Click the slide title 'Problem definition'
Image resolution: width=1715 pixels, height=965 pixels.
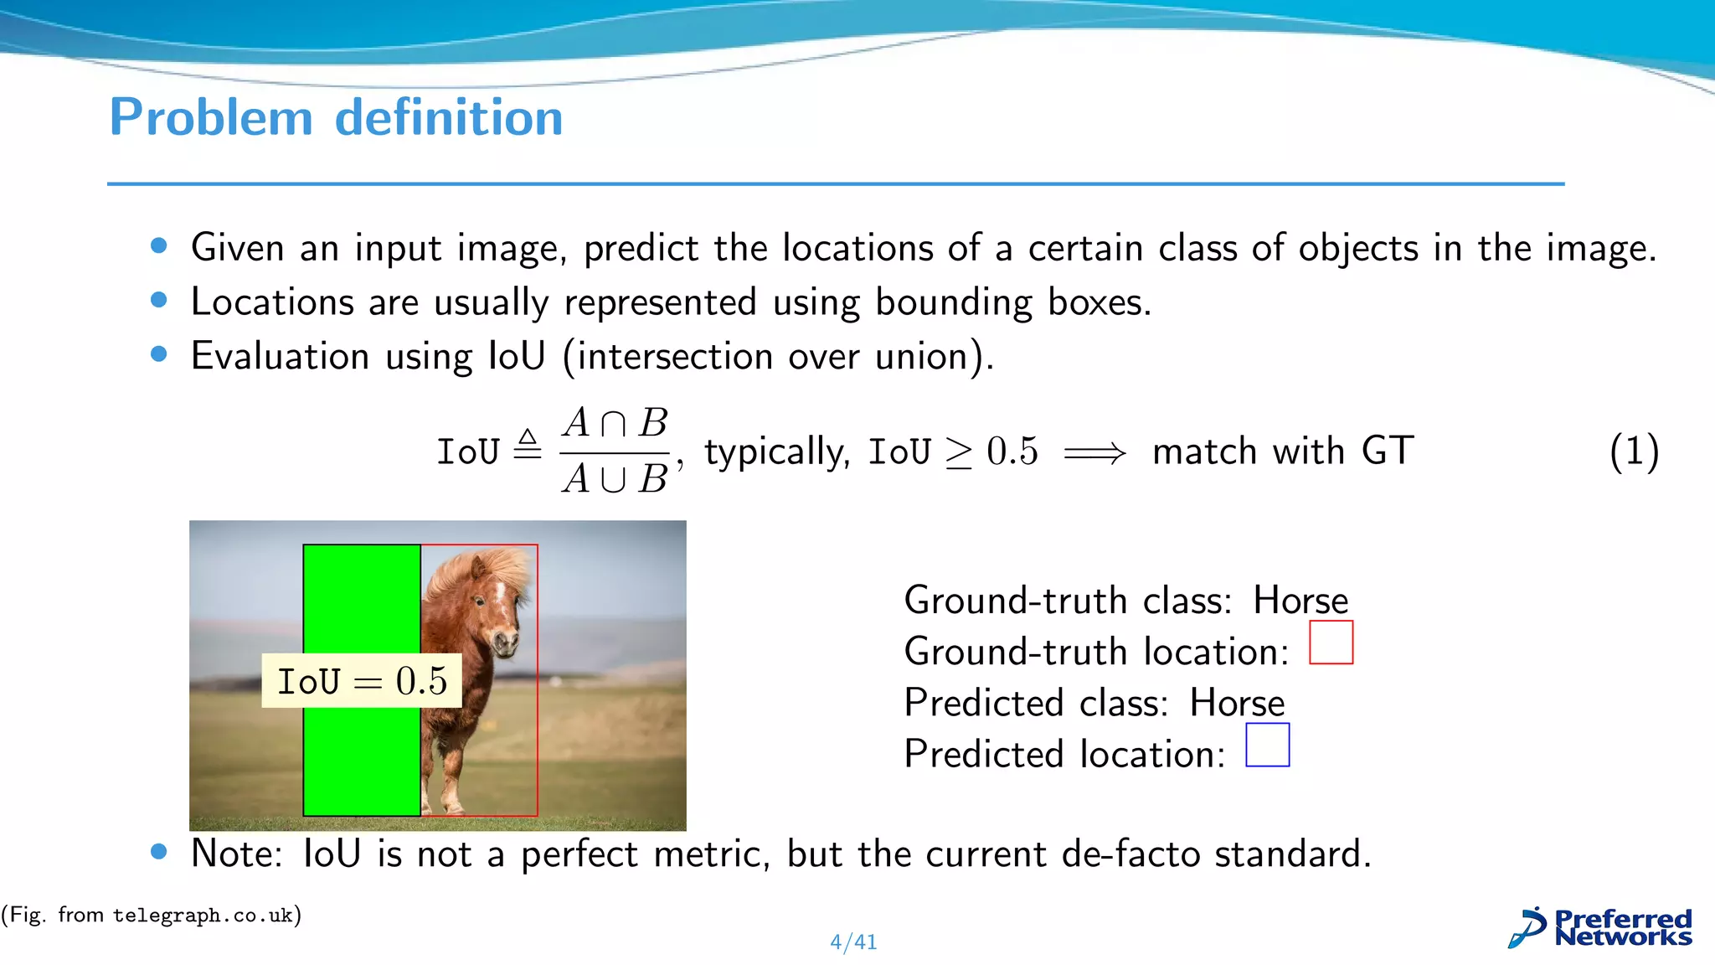point(336,117)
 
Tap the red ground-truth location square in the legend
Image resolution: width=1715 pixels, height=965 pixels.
point(1331,642)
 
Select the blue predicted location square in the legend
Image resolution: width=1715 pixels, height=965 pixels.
point(1267,745)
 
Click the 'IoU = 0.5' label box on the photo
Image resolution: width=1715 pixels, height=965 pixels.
point(362,681)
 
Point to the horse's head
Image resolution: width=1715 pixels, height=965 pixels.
point(494,612)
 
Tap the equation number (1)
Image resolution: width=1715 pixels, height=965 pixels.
point(1633,452)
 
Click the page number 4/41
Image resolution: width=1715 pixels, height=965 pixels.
point(853,942)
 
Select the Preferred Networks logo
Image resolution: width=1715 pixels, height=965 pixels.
point(1600,928)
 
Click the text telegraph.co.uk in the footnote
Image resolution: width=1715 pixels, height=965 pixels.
point(203,916)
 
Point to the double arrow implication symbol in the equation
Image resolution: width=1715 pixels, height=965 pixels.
point(1094,454)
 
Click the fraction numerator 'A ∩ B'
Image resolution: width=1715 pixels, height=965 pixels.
point(615,423)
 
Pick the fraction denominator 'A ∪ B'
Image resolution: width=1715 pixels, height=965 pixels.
point(615,479)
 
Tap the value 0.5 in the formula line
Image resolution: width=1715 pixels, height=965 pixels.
point(1012,452)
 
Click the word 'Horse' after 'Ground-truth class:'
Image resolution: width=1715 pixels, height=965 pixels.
point(1300,601)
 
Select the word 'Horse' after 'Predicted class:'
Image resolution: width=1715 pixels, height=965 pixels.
point(1237,703)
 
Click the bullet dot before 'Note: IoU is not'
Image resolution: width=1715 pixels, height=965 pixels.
point(159,852)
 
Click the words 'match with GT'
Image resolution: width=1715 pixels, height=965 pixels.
point(1283,452)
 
